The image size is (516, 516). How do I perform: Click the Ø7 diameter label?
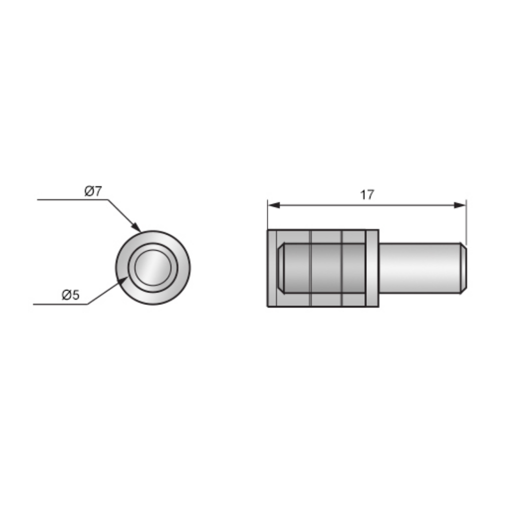94,191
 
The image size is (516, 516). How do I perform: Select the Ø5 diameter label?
71,295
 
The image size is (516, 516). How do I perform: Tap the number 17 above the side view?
367,195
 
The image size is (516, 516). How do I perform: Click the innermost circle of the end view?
152,267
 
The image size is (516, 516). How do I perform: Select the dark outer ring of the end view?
122,267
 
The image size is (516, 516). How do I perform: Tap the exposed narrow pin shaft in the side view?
418,268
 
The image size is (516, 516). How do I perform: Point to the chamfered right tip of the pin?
463,268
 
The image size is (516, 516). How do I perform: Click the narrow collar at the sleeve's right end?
372,268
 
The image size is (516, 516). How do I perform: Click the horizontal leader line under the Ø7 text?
72,199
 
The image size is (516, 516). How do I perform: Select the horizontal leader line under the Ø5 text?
59,304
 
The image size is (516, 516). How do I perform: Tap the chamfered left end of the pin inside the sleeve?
281,268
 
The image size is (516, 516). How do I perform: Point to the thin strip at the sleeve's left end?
272,268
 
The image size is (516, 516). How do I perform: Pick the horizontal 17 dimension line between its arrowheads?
367,205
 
